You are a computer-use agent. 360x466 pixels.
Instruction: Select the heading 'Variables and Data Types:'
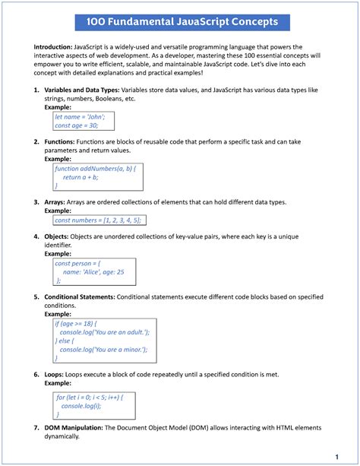85,90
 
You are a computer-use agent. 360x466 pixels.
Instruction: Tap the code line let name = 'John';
79,117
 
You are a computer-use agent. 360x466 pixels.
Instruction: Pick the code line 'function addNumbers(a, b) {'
95,168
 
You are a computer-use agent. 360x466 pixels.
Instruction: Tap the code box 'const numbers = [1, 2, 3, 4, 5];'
97,220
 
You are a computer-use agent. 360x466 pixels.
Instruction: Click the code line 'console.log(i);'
85,406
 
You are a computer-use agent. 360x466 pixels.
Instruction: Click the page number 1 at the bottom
336,456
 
